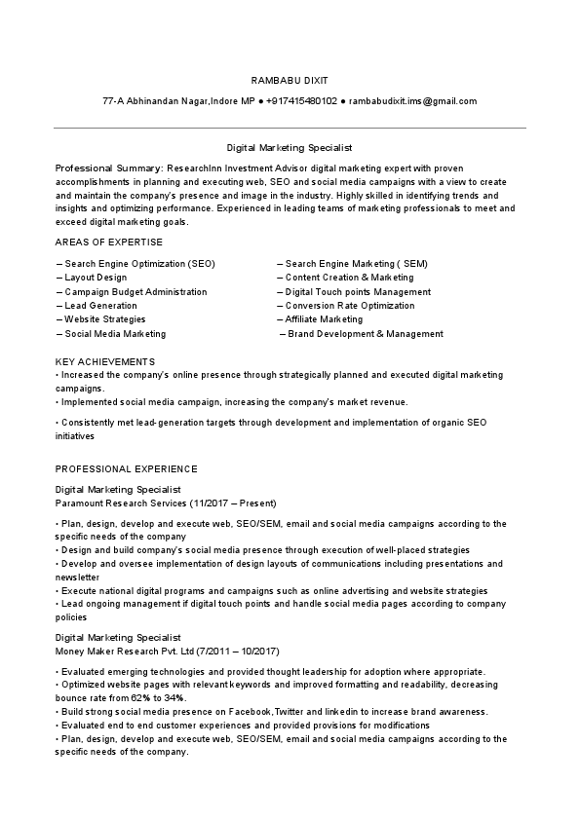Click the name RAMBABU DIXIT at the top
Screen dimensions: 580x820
pos(289,80)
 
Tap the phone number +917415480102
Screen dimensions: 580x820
pos(301,101)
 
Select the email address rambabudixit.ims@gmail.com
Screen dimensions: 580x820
pos(412,101)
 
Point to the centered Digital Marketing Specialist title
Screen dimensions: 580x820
pos(289,149)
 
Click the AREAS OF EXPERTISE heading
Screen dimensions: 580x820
pos(109,242)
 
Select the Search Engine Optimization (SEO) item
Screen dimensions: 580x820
pos(139,264)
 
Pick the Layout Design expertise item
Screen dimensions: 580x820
pos(96,278)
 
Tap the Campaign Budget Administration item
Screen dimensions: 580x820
pos(135,292)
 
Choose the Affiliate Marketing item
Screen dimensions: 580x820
pos(324,319)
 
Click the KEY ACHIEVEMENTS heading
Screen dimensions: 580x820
pos(105,361)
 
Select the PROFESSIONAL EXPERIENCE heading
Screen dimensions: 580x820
pos(127,468)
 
